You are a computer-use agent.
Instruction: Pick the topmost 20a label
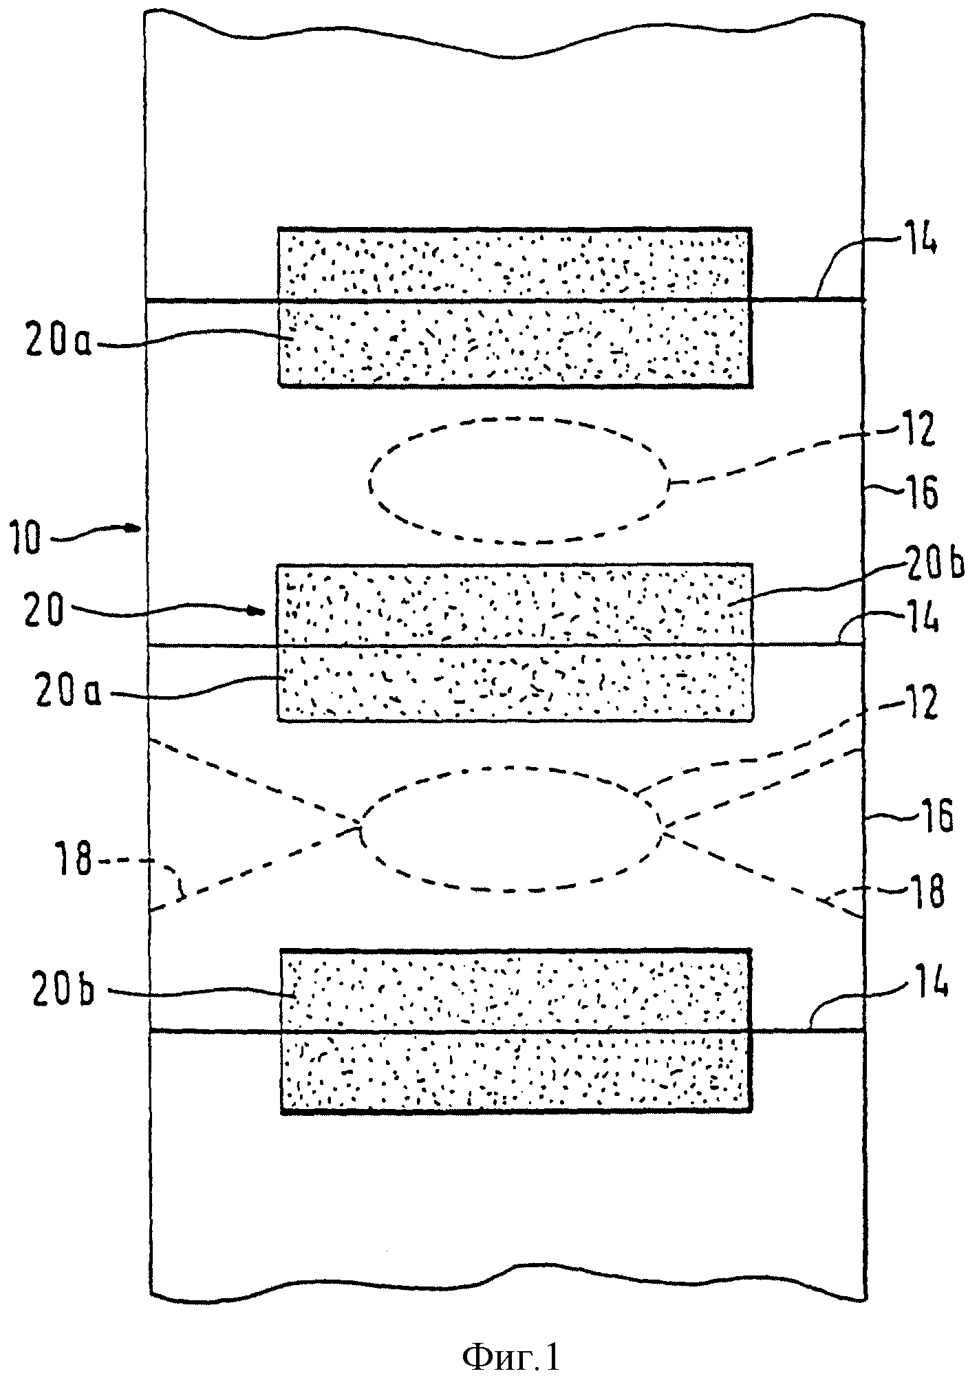click(x=58, y=342)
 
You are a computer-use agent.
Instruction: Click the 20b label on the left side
click(x=62, y=993)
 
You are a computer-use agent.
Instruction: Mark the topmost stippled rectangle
click(x=514, y=307)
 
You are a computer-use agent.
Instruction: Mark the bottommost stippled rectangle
click(x=515, y=1031)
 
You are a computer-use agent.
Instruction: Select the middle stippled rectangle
click(x=514, y=643)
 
